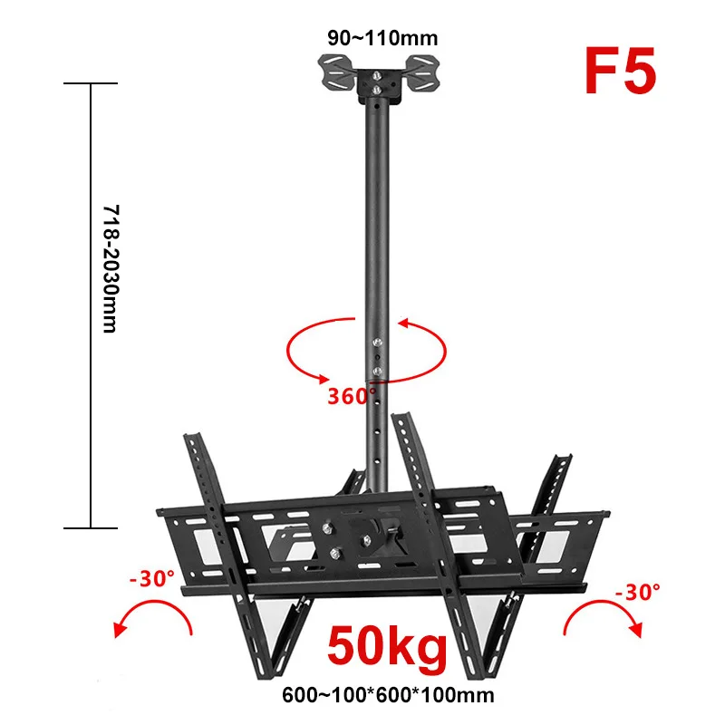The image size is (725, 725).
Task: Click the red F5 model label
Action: pyautogui.click(x=621, y=71)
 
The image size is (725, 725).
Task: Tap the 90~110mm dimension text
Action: pyautogui.click(x=382, y=38)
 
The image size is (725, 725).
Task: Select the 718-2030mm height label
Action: pyautogui.click(x=111, y=268)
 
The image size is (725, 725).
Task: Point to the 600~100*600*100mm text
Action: pyautogui.click(x=388, y=695)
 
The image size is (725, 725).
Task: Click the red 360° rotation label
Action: pyautogui.click(x=352, y=396)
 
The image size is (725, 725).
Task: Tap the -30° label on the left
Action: pyautogui.click(x=152, y=578)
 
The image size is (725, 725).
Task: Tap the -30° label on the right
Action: pyautogui.click(x=638, y=592)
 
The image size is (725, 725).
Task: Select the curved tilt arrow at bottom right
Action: pyautogui.click(x=601, y=604)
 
